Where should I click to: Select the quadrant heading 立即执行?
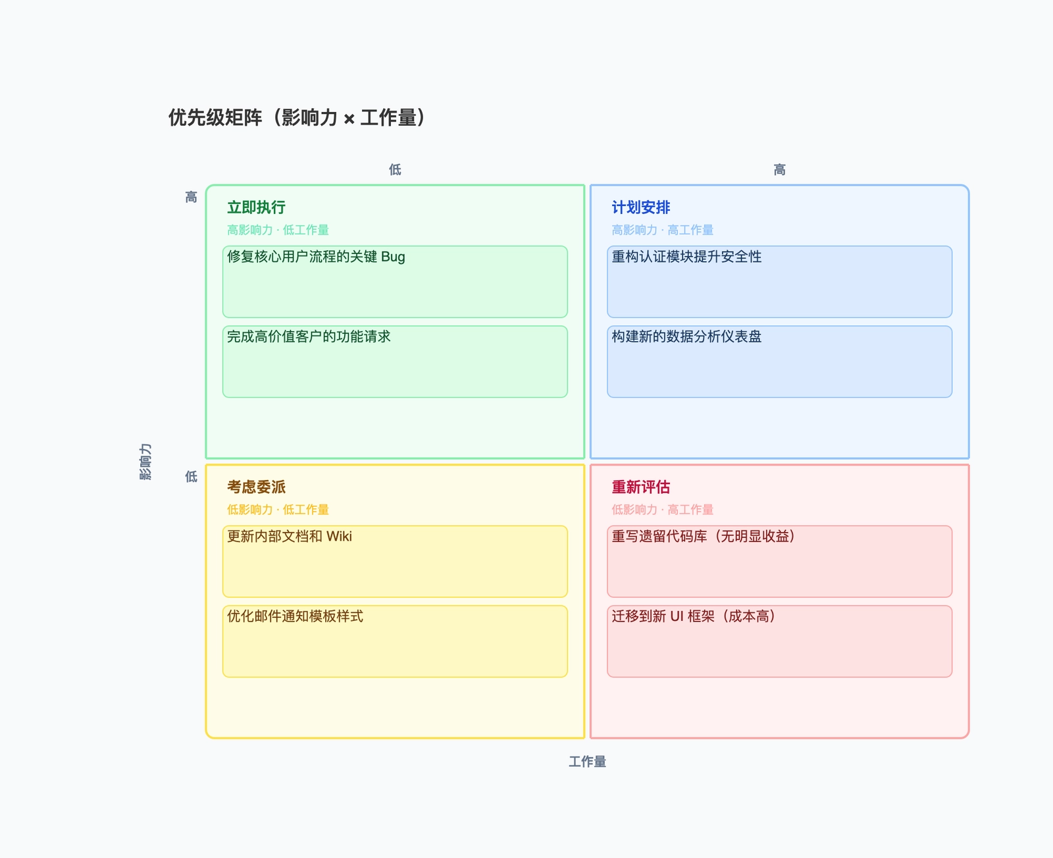256,207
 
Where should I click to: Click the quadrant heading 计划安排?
640,207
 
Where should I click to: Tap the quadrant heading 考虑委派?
256,487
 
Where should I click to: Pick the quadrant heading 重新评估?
640,487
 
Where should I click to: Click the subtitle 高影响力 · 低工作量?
278,230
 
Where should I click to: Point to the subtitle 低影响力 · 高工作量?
662,510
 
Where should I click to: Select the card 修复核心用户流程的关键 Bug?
395,282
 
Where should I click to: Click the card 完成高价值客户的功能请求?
395,362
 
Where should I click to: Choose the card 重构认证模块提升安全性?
779,282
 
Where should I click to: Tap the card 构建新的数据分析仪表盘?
779,362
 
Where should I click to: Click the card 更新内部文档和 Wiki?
395,562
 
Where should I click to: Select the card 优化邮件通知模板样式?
395,641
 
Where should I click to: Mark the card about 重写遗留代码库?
779,562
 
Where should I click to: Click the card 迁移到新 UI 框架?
779,641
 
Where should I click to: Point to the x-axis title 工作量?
587,762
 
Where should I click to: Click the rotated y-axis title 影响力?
145,462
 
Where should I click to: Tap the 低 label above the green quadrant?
395,170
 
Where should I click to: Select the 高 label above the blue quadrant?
779,170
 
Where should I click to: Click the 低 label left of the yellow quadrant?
191,476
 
